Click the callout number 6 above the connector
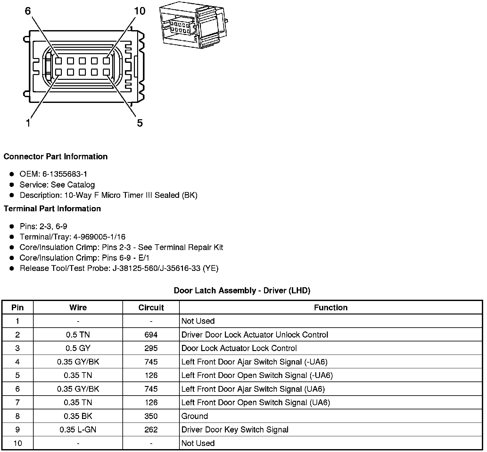pyautogui.click(x=28, y=11)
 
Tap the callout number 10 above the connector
pyautogui.click(x=140, y=11)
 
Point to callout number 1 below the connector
pyautogui.click(x=28, y=123)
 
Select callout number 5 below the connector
pyautogui.click(x=140, y=123)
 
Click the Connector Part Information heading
pyautogui.click(x=55, y=157)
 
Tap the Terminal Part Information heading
pyautogui.click(x=52, y=209)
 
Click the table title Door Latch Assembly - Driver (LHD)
pyautogui.click(x=242, y=291)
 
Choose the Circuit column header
pyautogui.click(x=151, y=308)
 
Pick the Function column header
pyautogui.click(x=331, y=308)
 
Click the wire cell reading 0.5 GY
pyautogui.click(x=78, y=348)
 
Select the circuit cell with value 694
pyautogui.click(x=151, y=335)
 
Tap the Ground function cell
pyautogui.click(x=195, y=416)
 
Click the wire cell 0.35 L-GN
pyautogui.click(x=78, y=430)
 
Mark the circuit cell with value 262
pyautogui.click(x=151, y=430)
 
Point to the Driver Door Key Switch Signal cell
pyautogui.click(x=235, y=430)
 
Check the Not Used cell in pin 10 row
pyautogui.click(x=198, y=443)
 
